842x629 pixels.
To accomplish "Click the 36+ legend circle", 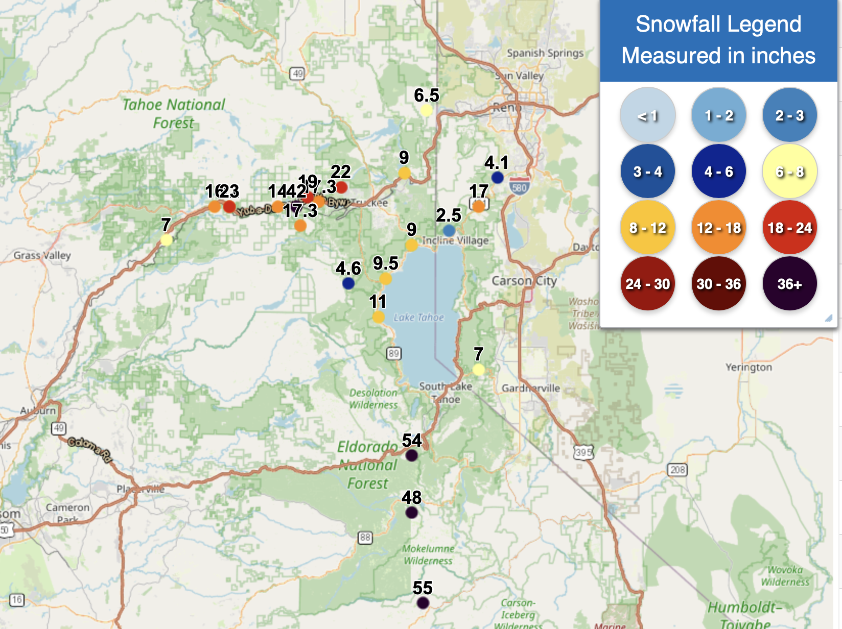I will coord(789,283).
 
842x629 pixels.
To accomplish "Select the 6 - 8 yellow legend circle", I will coord(789,172).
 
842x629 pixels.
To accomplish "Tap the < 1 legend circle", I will coord(647,115).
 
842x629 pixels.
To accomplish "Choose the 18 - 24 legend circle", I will coord(789,228).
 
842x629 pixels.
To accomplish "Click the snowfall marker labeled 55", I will coord(423,603).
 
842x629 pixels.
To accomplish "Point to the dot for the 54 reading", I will coord(412,455).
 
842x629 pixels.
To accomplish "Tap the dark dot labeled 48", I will coord(412,512).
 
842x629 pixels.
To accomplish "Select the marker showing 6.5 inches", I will coord(426,110).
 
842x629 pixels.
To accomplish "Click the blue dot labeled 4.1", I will coord(498,178).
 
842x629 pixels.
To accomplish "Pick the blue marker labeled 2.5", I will coord(449,231).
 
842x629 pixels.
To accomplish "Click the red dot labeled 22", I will coord(341,187).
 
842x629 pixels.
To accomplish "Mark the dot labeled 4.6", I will coord(348,283).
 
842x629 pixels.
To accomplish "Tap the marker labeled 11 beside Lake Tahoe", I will coord(378,317).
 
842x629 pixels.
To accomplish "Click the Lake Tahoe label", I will coord(418,318).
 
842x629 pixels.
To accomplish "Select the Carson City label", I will coord(524,281).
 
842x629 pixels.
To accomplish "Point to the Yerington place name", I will coord(749,367).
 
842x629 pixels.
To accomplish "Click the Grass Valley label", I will coord(42,255).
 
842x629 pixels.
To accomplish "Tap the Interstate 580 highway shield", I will coord(519,187).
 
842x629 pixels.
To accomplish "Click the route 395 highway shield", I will coord(583,452).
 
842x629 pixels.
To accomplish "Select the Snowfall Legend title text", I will coord(718,24).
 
